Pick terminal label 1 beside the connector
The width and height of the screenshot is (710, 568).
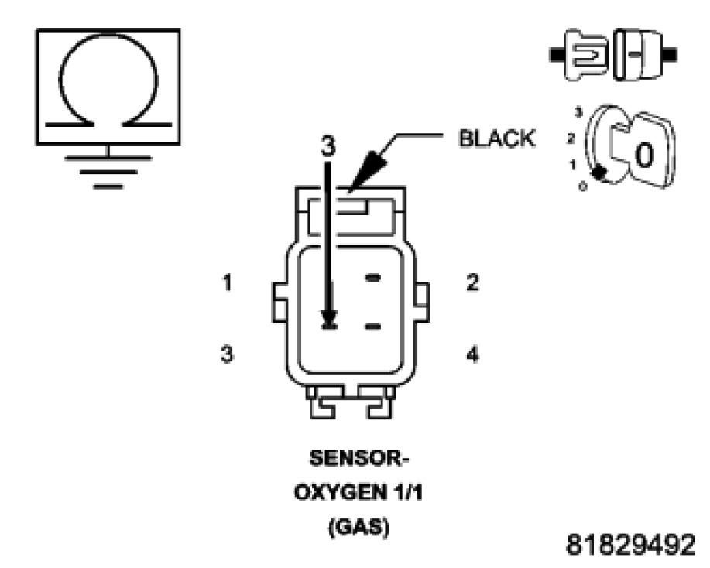tap(227, 283)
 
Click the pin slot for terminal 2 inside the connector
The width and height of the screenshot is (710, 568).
tap(374, 277)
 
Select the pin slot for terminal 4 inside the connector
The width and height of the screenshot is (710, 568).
tap(374, 327)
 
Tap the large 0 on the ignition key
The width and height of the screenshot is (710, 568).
tap(642, 155)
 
